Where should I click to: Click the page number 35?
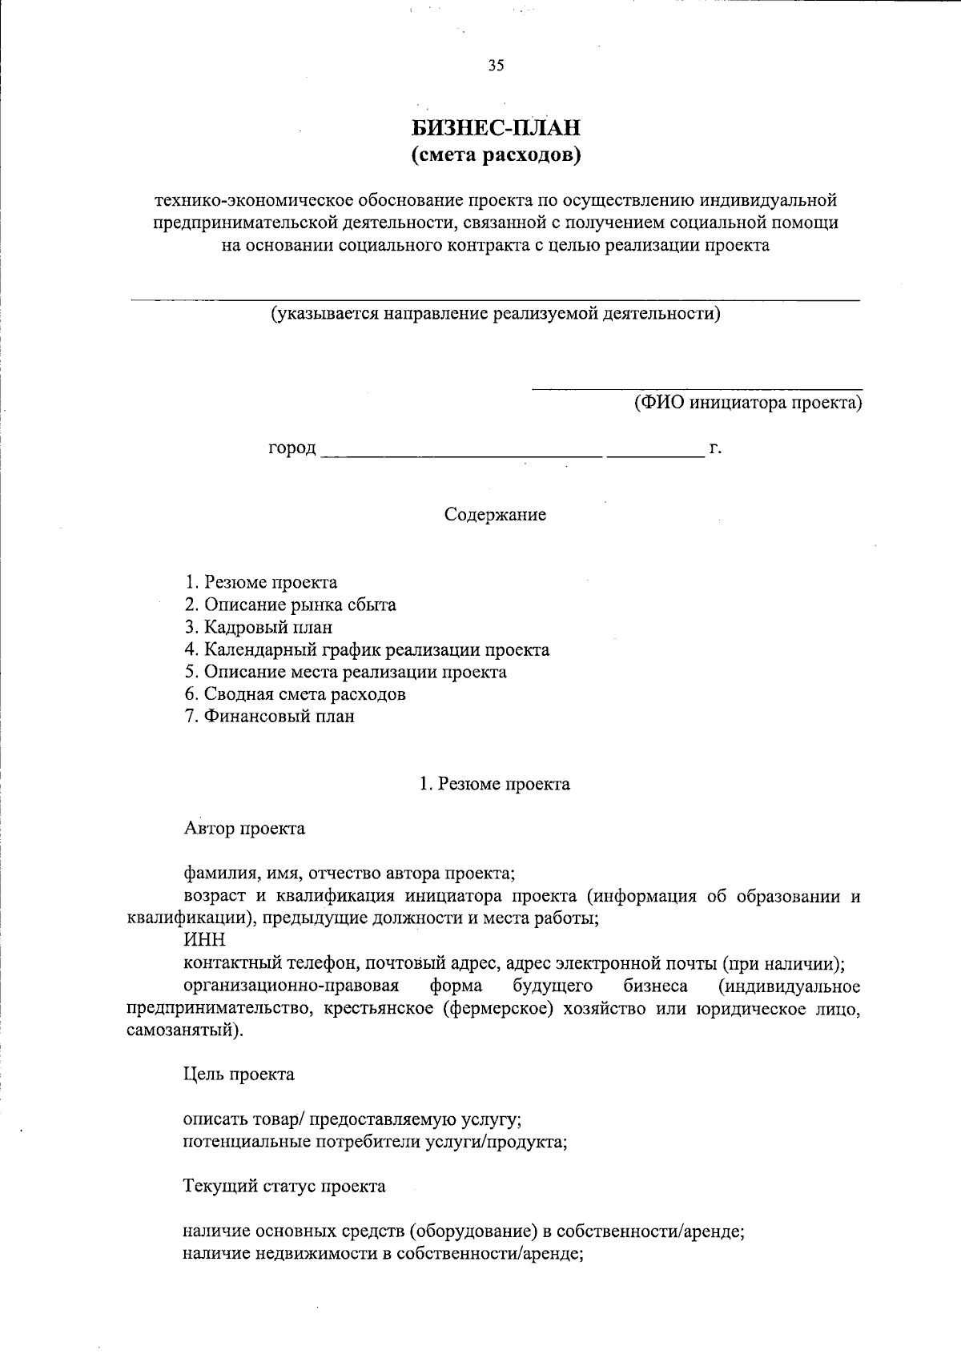(496, 66)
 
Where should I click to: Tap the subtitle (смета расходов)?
(495, 155)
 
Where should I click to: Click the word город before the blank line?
(292, 448)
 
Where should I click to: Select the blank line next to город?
(460, 452)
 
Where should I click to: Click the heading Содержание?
(495, 515)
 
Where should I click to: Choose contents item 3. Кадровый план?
(258, 627)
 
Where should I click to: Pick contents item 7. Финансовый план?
(269, 717)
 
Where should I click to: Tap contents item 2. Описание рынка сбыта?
(290, 605)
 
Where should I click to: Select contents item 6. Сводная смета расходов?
(295, 694)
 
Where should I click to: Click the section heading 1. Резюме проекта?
(495, 784)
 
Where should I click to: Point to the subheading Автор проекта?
(244, 829)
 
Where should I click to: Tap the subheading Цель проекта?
(239, 1075)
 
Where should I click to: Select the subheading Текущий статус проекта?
(284, 1187)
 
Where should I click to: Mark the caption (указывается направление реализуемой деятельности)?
(495, 313)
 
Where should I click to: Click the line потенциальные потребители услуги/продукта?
(375, 1142)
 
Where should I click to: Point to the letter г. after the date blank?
(716, 448)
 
